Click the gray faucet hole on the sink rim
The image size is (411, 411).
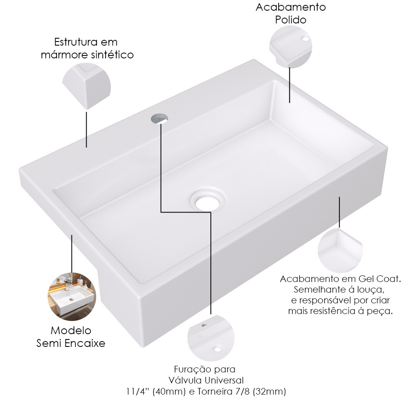pyautogui.click(x=159, y=118)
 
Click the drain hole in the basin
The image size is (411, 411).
pyautogui.click(x=207, y=200)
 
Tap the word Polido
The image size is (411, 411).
pyautogui.click(x=291, y=20)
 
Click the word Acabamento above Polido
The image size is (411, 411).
pyautogui.click(x=291, y=7)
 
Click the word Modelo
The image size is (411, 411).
pyautogui.click(x=71, y=330)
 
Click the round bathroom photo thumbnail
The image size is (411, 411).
pyautogui.click(x=72, y=296)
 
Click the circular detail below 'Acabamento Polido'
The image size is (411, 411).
pyautogui.click(x=291, y=47)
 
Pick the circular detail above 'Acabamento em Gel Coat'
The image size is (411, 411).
pyautogui.click(x=340, y=250)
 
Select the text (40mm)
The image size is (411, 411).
pyautogui.click(x=169, y=391)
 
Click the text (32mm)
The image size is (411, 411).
pyautogui.click(x=269, y=391)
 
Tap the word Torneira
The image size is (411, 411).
pyautogui.click(x=215, y=391)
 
